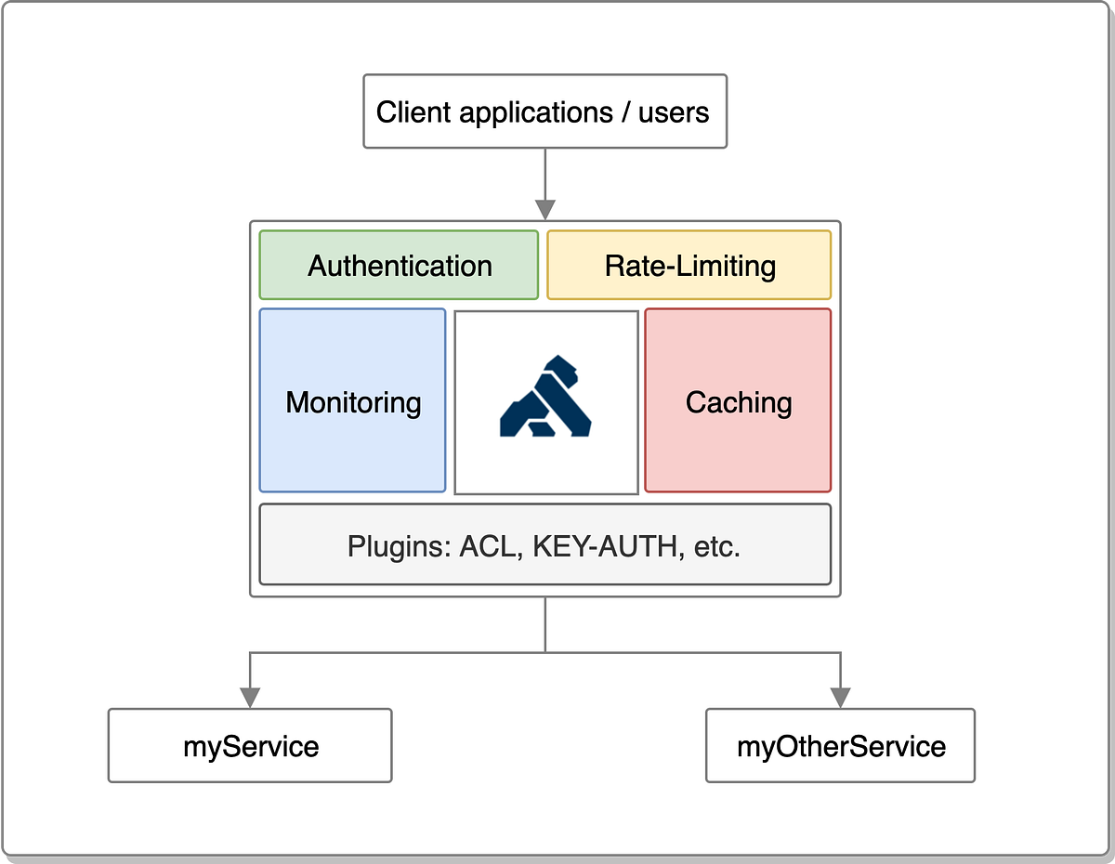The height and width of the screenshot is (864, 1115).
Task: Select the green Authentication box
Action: [x=399, y=266]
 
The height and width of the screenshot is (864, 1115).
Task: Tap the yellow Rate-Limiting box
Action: [x=689, y=266]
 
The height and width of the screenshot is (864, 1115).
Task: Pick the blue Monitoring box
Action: [x=353, y=401]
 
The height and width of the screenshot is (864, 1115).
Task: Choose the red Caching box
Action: [x=739, y=401]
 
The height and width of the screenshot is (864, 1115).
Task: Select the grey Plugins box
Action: [x=544, y=545]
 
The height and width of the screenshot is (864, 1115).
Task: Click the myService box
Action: [x=250, y=746]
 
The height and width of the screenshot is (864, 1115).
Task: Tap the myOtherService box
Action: [x=841, y=746]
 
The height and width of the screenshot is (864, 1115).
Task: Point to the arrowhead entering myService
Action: [x=250, y=697]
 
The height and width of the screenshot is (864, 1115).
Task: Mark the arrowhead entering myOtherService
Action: [x=841, y=697]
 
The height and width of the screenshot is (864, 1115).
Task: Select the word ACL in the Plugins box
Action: [x=487, y=546]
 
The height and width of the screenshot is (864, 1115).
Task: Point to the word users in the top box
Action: [x=674, y=113]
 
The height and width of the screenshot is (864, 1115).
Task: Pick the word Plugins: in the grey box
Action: [x=400, y=546]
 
